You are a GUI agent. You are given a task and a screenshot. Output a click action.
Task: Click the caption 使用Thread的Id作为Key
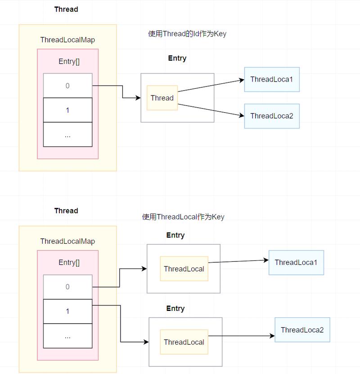187,34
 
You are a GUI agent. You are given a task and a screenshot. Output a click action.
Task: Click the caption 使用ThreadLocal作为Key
183,217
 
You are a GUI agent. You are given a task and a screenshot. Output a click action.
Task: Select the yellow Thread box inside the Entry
162,98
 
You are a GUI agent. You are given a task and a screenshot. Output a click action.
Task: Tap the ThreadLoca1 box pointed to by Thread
272,79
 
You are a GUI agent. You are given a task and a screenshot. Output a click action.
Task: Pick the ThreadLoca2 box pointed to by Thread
272,116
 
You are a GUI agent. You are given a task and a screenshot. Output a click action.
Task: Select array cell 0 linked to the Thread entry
67,86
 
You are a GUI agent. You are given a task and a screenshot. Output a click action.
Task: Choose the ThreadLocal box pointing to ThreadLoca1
184,269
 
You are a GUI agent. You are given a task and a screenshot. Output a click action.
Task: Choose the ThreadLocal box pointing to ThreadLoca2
184,342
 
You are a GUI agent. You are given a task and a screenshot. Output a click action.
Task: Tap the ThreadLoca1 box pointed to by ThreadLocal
296,262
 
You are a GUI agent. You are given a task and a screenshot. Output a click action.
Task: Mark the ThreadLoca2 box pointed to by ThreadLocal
302,330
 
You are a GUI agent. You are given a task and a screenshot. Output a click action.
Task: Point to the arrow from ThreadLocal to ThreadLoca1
238,261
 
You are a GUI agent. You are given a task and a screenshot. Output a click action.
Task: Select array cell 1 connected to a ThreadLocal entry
67,311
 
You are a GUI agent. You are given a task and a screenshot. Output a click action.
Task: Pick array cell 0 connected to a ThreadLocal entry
67,287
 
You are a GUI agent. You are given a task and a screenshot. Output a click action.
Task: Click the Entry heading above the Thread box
177,58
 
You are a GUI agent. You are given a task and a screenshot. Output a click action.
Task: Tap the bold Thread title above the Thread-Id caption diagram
66,9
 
